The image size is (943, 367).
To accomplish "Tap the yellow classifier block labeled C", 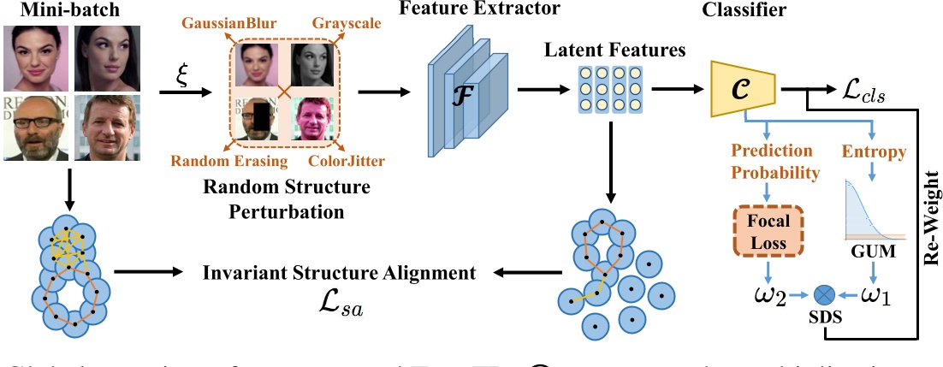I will coord(742,89).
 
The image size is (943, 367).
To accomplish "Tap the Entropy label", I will coord(875,152).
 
